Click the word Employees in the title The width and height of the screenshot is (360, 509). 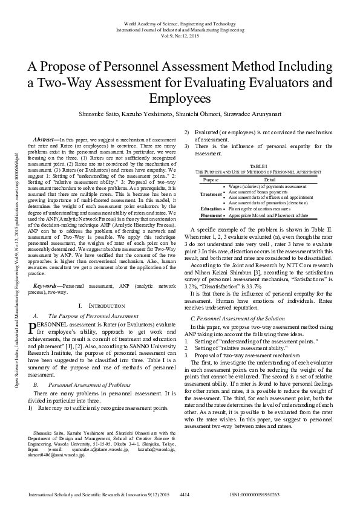coord(180,98)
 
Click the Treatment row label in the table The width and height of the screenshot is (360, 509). coord(211,194)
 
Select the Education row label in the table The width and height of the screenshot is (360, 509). coord(211,209)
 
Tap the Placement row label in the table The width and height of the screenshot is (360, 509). coord(211,215)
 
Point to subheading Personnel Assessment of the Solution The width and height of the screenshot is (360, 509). coord(238,317)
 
